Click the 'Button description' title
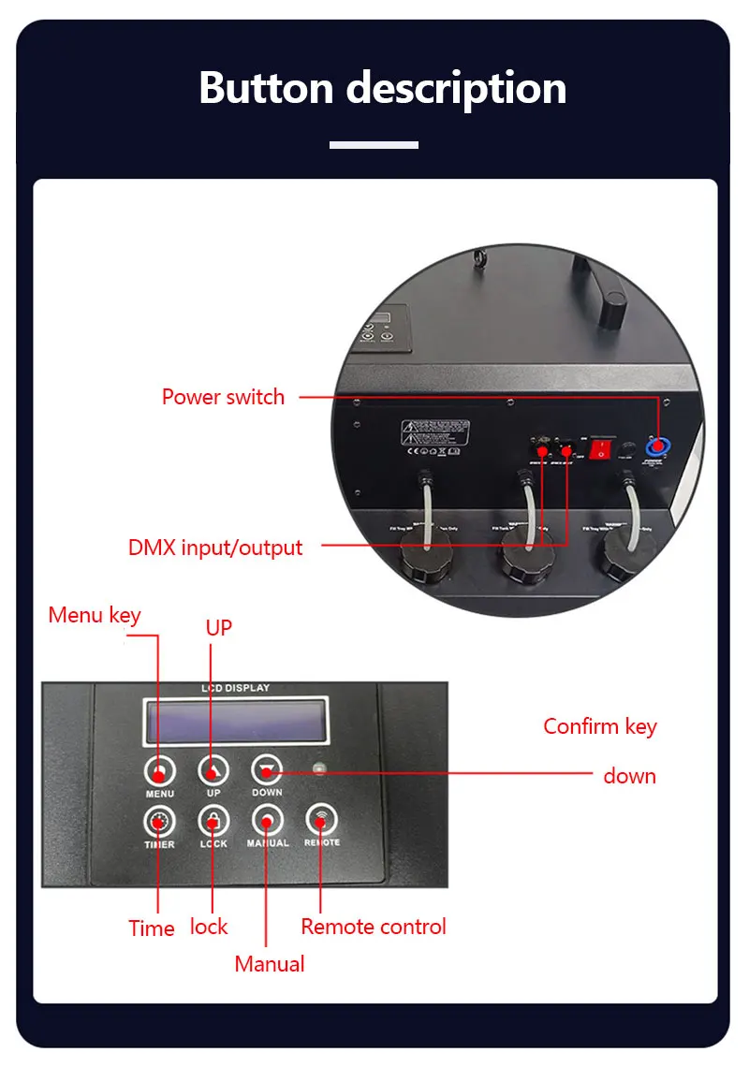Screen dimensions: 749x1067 382,88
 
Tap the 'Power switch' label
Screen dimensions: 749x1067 223,397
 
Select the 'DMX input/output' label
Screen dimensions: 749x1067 215,548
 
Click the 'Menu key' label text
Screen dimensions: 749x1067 95,615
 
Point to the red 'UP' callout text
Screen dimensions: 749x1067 218,628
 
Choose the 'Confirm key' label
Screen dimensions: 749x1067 600,726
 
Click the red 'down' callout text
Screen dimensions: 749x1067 629,776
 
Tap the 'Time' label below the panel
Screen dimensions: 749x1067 152,928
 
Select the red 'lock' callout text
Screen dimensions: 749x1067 209,927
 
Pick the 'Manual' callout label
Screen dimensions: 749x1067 270,964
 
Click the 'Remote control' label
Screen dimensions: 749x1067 374,927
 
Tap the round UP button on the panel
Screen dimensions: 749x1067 213,770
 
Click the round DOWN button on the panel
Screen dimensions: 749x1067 267,770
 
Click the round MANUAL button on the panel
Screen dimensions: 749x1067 267,821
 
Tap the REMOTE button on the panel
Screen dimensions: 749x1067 321,821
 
